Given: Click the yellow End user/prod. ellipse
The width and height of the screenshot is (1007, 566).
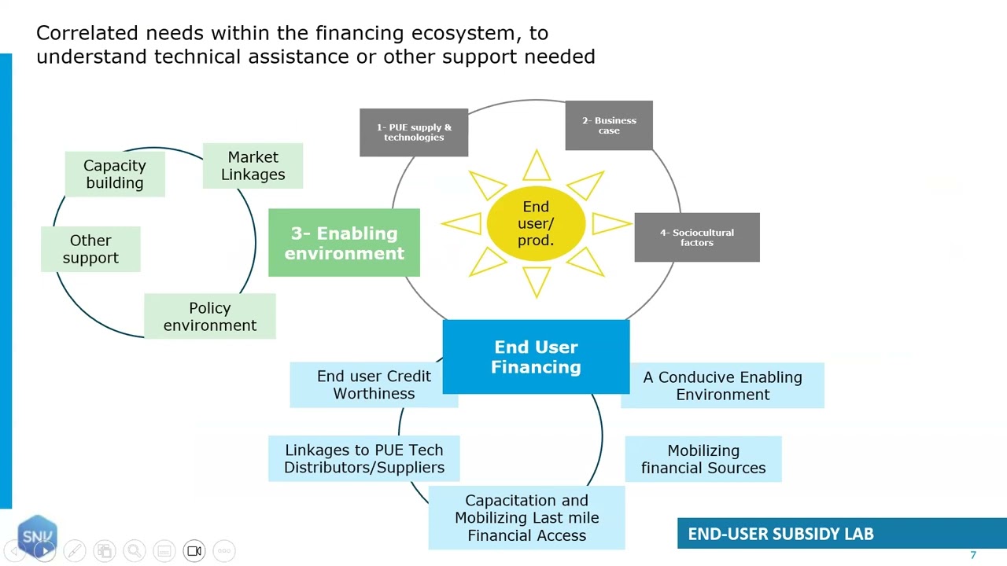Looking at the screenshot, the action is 536,223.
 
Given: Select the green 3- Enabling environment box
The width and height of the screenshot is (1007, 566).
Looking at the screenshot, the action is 345,243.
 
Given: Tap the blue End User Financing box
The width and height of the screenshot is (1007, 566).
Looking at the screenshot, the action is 536,357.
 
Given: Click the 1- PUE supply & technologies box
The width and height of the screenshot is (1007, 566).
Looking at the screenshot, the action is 414,133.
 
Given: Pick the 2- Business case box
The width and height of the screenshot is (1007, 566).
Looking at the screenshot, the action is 609,125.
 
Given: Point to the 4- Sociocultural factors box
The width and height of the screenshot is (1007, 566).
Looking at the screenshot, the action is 697,237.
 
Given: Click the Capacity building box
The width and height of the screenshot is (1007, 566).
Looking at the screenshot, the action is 115,174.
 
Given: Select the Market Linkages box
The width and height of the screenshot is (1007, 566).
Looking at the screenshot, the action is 253,166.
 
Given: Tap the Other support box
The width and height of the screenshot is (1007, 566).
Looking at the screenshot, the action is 90,249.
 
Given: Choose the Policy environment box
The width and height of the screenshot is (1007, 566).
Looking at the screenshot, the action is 210,316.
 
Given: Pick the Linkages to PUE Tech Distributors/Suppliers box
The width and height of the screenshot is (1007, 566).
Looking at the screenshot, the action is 364,458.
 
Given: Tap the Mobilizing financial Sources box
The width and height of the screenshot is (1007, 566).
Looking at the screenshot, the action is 703,459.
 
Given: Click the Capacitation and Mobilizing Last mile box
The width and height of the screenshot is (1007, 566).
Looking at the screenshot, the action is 526,517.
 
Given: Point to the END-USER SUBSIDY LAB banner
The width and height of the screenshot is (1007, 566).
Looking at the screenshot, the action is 842,533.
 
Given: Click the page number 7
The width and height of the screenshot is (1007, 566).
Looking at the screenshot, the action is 973,555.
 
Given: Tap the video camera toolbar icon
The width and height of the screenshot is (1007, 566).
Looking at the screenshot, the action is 194,551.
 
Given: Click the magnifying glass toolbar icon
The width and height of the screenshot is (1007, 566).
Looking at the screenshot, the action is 135,551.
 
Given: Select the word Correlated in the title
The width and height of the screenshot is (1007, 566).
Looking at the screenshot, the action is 87,33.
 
